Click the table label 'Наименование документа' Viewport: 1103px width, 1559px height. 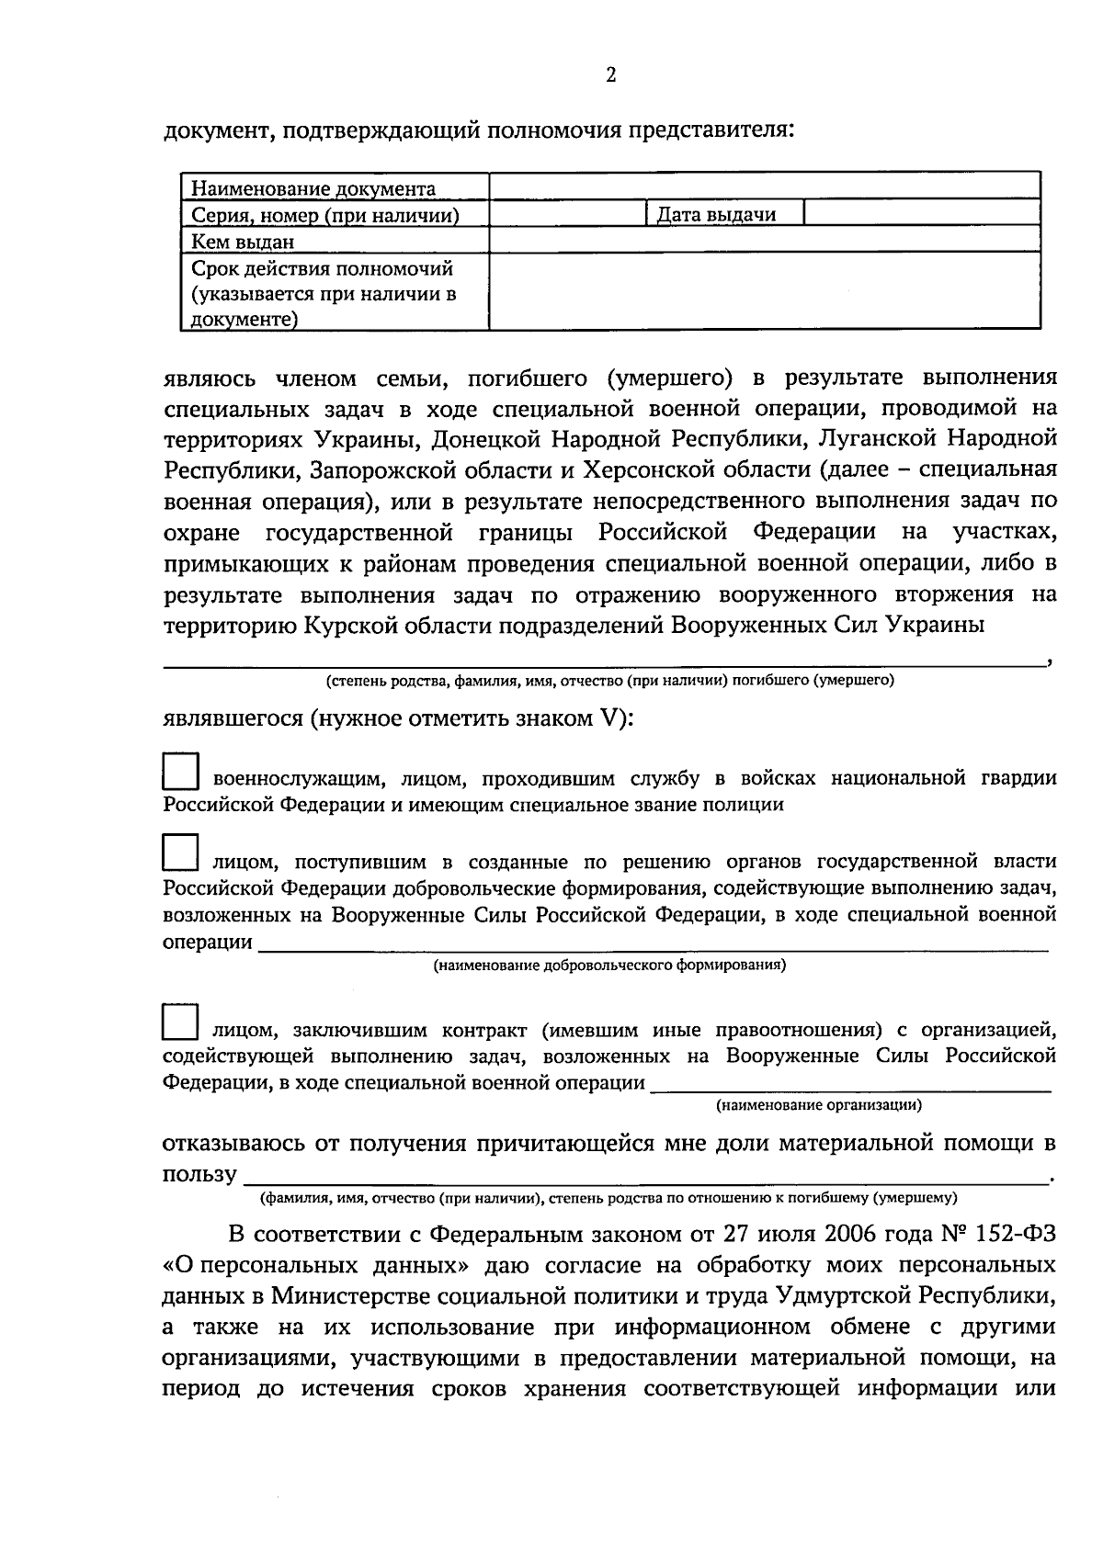313,189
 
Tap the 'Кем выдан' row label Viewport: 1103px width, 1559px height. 243,242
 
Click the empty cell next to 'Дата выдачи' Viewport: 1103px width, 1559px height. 921,214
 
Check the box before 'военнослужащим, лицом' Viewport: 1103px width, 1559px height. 180,772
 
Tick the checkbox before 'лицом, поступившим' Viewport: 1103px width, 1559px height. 180,853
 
